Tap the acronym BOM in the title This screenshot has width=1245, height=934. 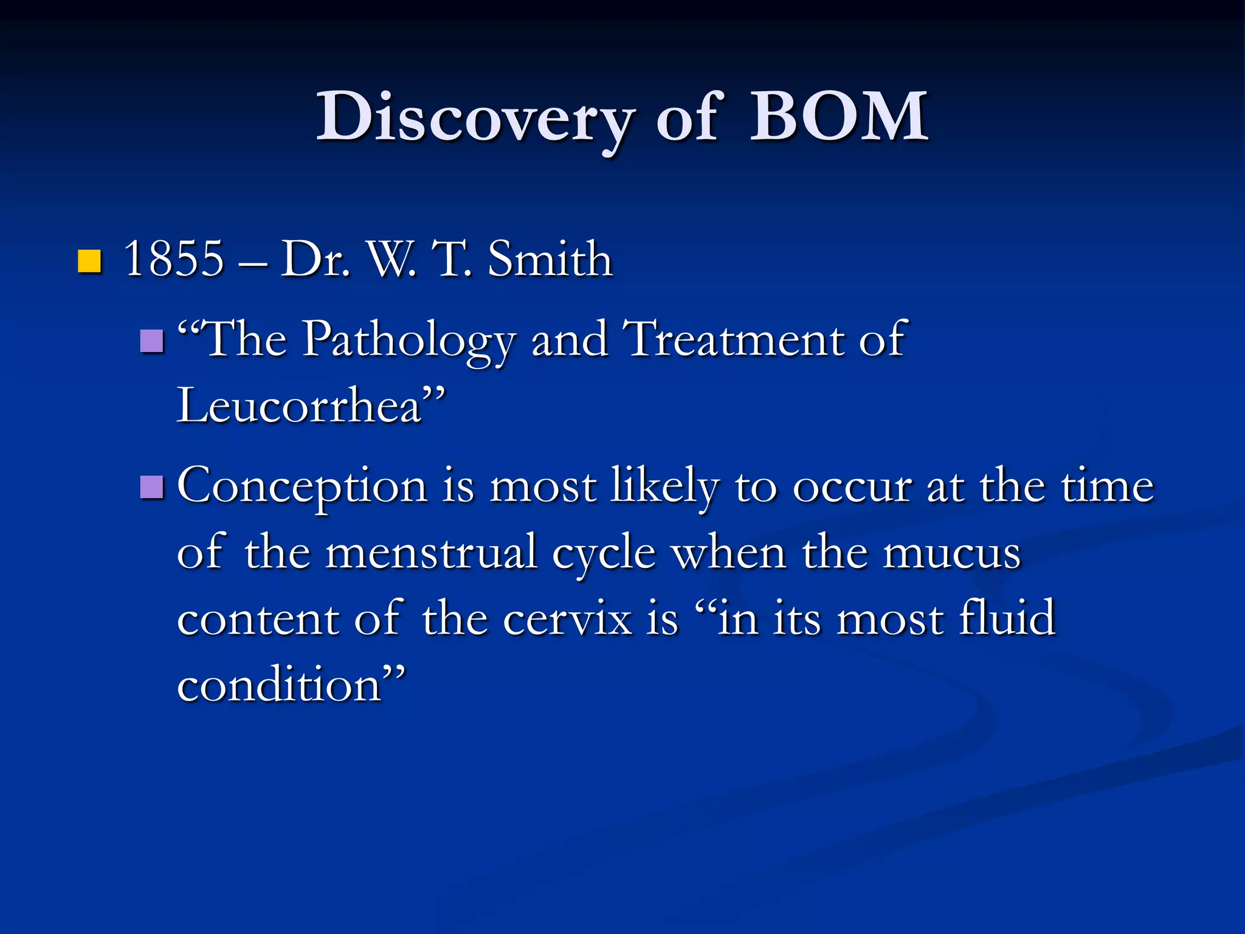[839, 117]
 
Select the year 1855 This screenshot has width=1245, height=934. [174, 259]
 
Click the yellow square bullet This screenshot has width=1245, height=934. [90, 261]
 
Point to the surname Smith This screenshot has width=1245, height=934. [550, 259]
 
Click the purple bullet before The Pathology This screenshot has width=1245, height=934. [152, 341]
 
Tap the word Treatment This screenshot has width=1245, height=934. [734, 339]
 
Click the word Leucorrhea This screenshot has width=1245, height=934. [299, 406]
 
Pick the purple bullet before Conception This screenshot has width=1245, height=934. [152, 487]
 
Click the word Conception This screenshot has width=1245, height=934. [302, 487]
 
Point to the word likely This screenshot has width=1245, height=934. [665, 486]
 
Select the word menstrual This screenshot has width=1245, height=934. [431, 553]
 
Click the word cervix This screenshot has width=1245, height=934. [568, 619]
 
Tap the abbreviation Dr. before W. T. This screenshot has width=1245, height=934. [315, 259]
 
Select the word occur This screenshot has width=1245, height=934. [852, 487]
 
